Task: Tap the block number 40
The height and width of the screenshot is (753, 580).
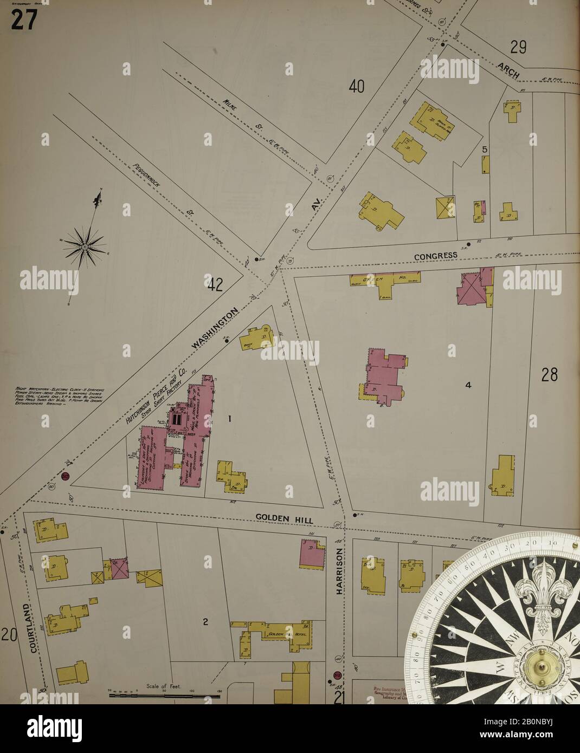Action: (356, 86)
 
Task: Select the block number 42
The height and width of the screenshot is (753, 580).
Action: (215, 284)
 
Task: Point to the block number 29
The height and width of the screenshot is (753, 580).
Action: (518, 47)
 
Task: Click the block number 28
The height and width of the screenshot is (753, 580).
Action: (549, 374)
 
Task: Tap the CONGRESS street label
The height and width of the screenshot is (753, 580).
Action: (436, 256)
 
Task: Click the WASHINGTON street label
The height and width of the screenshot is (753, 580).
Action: (215, 329)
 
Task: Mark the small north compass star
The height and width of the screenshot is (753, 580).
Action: (85, 246)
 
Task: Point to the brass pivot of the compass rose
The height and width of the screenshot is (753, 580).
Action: (540, 664)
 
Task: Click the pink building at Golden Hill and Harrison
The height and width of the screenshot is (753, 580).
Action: (311, 554)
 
